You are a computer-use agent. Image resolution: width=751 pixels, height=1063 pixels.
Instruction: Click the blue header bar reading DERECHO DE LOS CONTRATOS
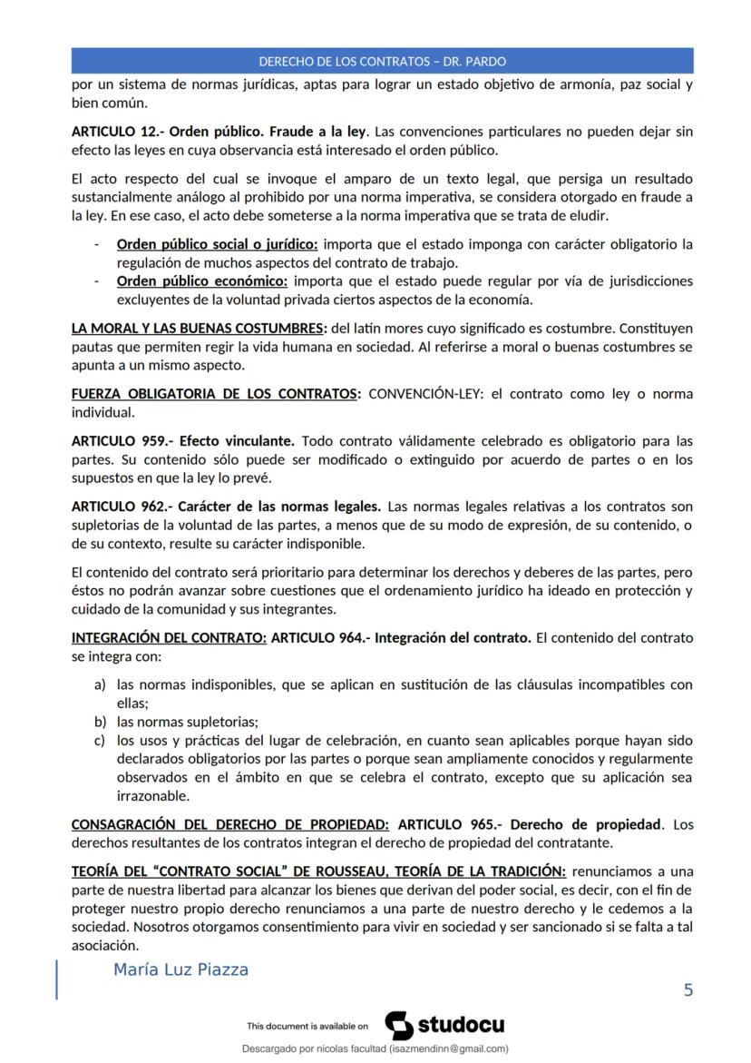[382, 62]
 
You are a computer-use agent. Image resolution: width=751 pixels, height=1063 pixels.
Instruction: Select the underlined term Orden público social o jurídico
[217, 244]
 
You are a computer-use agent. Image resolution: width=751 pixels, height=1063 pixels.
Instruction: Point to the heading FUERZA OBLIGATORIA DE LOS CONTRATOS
[215, 394]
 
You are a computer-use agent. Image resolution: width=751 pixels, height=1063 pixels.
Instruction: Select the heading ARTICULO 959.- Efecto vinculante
[182, 441]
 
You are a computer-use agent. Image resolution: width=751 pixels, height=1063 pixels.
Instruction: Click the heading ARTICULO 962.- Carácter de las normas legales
[226, 505]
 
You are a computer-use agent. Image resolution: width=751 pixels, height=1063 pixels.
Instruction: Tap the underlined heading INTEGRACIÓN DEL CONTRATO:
[169, 637]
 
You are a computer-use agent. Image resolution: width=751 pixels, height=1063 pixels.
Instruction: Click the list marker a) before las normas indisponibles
[101, 684]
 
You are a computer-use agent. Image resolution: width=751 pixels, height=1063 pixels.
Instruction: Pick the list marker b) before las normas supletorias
[101, 722]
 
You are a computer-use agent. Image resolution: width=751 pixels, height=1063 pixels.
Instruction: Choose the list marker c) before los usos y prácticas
[101, 740]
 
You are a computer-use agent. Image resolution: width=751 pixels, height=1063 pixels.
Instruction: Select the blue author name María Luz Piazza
[180, 969]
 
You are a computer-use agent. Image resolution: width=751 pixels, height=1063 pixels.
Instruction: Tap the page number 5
[688, 989]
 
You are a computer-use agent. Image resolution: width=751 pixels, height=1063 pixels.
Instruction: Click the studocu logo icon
[399, 1025]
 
